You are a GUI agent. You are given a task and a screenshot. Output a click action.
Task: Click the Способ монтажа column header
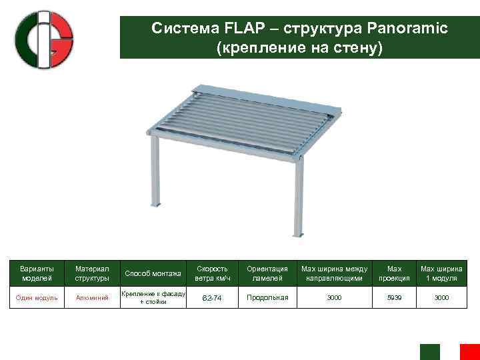tap(153, 273)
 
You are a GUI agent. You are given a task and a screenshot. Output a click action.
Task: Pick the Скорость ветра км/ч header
tap(212, 273)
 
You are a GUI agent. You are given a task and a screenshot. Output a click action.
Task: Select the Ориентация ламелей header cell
tap(267, 273)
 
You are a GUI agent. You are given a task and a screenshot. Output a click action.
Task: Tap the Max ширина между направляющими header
tap(334, 273)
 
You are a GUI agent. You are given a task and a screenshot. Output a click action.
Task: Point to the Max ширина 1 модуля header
tap(441, 273)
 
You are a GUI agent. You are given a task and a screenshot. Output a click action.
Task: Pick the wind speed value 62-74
tap(212, 298)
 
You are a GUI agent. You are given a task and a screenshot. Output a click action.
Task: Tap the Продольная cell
tap(267, 297)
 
